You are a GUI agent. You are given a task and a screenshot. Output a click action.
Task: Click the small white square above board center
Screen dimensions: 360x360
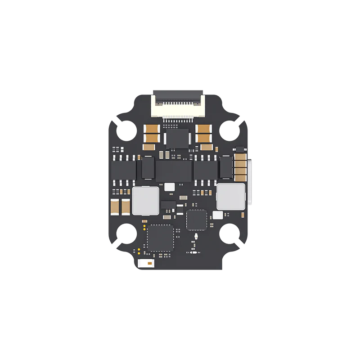coord(170,186)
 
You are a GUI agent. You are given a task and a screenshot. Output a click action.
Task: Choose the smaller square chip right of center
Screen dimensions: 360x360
coord(196,219)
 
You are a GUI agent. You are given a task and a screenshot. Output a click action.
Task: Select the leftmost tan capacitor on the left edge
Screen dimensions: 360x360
coord(115,206)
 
